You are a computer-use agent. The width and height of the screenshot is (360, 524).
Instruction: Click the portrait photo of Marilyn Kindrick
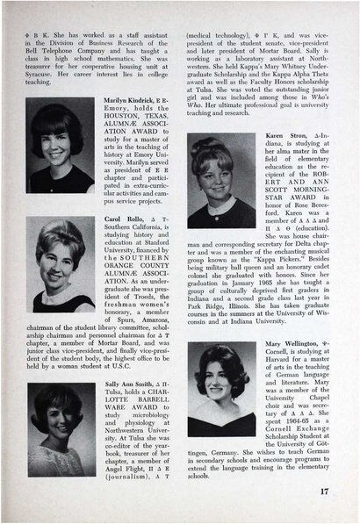pyautogui.click(x=60, y=161)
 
